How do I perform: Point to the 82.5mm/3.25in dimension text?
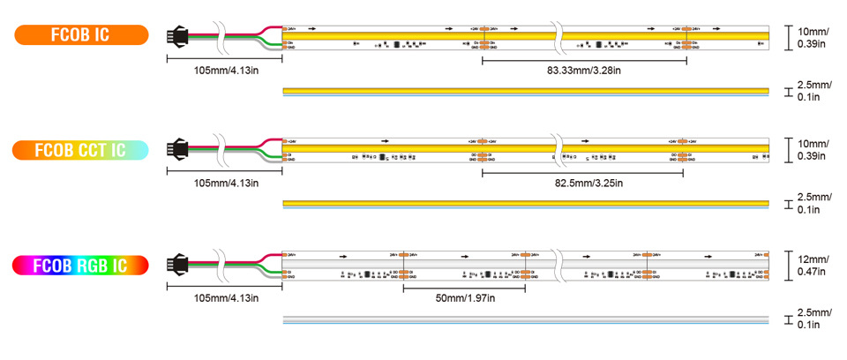click(584, 183)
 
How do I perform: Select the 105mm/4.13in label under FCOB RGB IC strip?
click(226, 297)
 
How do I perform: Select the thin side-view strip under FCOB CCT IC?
click(526, 205)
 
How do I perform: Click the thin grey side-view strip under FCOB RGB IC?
click(526, 319)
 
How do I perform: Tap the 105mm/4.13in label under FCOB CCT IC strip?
click(226, 183)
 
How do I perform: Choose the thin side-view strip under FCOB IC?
click(526, 90)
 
